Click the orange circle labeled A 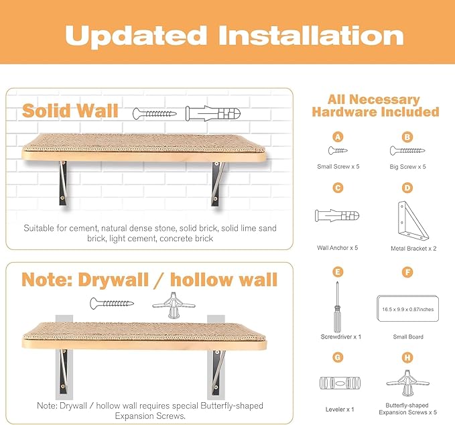click(338, 137)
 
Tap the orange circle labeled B click(407, 137)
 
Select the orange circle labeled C click(338, 188)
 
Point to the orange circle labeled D click(407, 188)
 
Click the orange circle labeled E click(338, 272)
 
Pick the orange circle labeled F click(407, 272)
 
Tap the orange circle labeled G click(338, 357)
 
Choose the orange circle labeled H click(407, 357)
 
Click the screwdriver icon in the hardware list click(338, 305)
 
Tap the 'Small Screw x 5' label click(338, 166)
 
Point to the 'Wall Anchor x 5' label click(338, 247)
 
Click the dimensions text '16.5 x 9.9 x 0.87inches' click(407, 310)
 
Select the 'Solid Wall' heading click(70, 110)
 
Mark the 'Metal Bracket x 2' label click(413, 248)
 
